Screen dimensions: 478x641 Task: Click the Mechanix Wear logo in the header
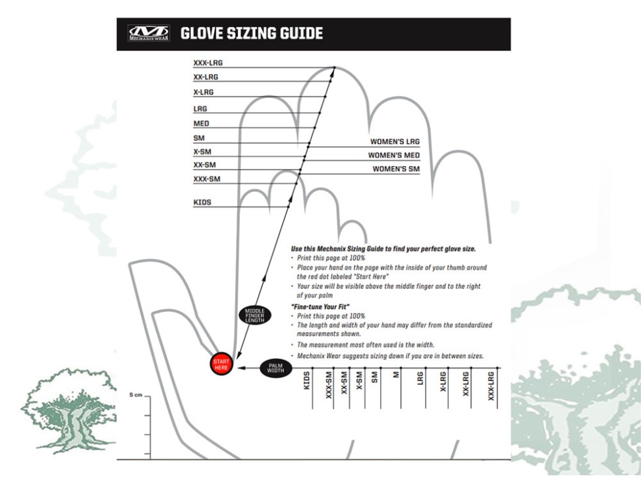point(148,34)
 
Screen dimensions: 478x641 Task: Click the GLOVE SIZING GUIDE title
point(252,33)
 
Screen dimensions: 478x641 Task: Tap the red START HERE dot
point(221,364)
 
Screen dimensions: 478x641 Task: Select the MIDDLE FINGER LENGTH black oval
point(254,315)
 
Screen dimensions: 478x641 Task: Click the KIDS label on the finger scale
point(202,202)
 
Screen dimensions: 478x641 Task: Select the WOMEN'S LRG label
point(395,142)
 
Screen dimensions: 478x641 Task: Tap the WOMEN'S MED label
point(394,156)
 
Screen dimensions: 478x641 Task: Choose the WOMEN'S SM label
point(396,169)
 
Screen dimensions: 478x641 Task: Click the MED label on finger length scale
point(201,123)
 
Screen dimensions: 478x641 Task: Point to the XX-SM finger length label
point(204,165)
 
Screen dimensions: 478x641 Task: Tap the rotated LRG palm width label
point(420,380)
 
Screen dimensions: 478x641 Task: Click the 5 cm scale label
point(134,395)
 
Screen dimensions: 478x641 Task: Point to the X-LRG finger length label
point(204,92)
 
